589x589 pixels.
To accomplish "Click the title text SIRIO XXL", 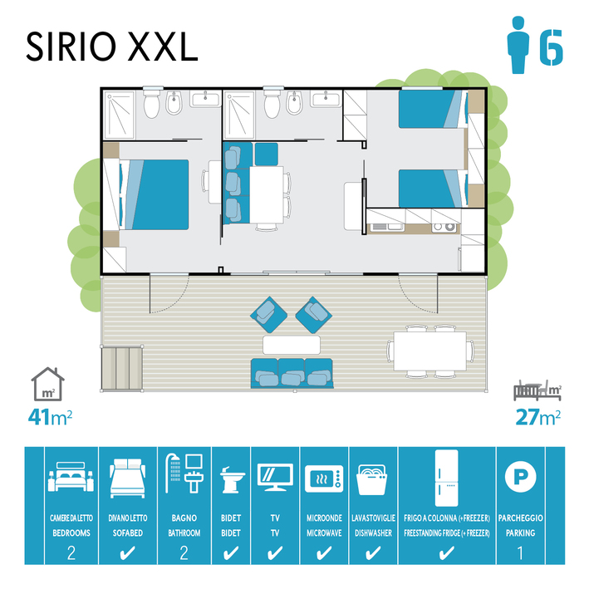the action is pos(112,47).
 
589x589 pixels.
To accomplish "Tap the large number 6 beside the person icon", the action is pos(552,47).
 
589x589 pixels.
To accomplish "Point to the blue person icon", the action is pos(518,45).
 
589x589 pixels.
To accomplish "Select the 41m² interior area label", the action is pos(50,416).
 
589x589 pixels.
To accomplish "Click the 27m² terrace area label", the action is pos(538,416).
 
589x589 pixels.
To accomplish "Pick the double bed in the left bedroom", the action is pos(154,194).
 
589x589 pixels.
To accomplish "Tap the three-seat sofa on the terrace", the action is pos(292,373).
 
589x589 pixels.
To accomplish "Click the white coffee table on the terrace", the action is pos(292,345).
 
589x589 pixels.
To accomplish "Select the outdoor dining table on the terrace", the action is pos(430,351).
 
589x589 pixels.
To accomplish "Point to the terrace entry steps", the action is pos(122,369).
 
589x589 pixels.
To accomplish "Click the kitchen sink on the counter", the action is pos(387,227).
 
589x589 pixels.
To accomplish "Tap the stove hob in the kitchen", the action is pos(444,228).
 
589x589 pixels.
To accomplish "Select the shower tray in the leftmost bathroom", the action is pos(119,115).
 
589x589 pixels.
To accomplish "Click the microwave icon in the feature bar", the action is pos(324,479).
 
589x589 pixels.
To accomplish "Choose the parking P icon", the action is pos(521,477).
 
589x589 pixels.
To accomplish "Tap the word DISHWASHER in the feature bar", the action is pos(373,533).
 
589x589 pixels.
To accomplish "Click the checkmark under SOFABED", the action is pos(127,553).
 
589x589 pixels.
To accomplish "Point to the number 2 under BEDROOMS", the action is pos(71,553).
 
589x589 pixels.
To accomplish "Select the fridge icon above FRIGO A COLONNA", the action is pos(447,478).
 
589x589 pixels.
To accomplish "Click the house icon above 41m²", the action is pos(47,384).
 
